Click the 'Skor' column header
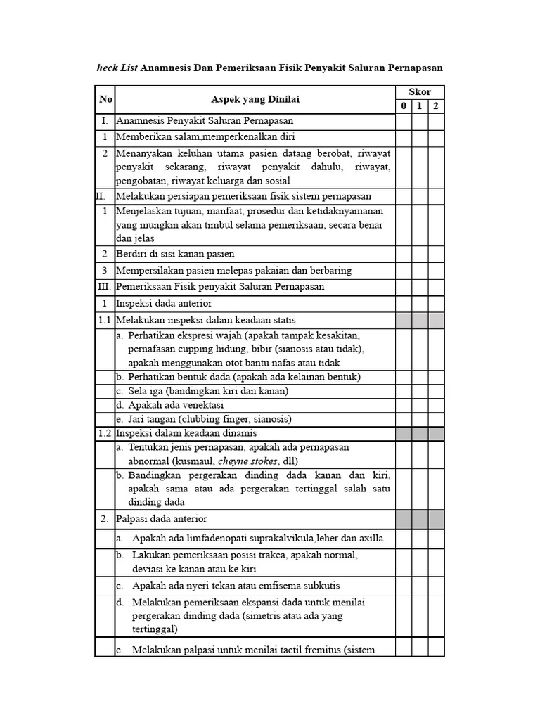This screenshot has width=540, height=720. coord(420,92)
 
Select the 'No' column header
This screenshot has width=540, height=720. coord(105,99)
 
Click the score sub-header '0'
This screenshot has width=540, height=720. coord(404,106)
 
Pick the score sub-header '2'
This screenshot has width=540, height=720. coord(436,106)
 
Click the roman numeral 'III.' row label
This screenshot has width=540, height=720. coord(104,287)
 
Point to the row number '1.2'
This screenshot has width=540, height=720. coord(105,432)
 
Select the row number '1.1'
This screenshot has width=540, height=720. coord(105,320)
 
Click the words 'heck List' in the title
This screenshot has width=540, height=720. coord(117,67)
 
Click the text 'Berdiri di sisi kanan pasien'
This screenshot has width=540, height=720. coord(175,254)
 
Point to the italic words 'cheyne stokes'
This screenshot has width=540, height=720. coord(248,461)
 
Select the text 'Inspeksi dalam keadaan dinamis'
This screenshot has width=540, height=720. coord(186,432)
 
